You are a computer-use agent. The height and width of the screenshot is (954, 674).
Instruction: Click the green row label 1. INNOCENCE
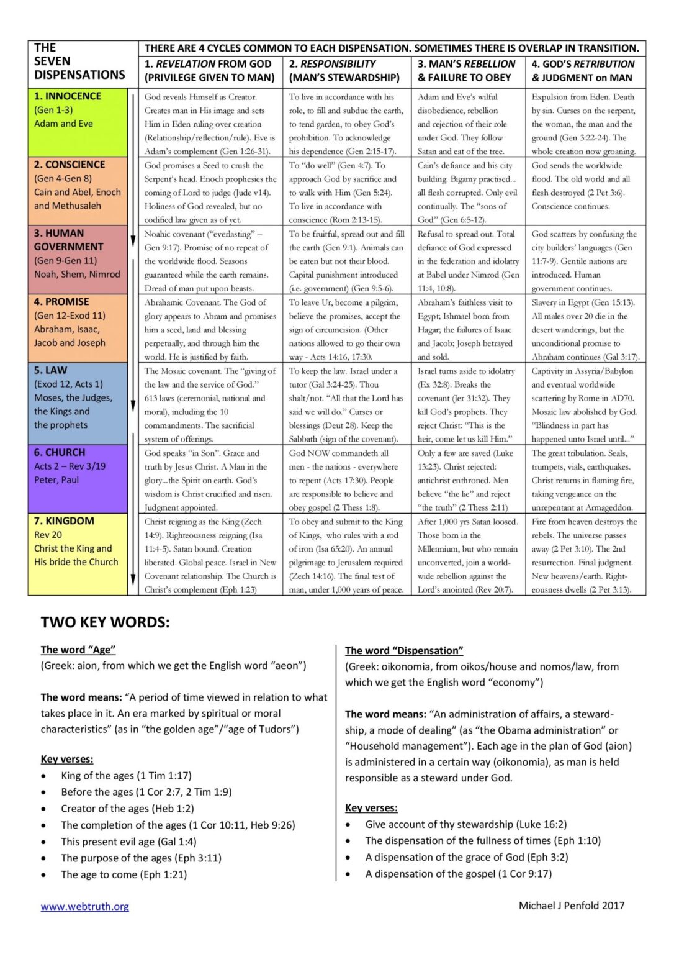point(68,96)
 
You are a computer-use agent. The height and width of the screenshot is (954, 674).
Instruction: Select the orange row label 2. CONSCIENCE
point(70,165)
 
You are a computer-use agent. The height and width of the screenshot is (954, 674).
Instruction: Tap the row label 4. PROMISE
point(61,302)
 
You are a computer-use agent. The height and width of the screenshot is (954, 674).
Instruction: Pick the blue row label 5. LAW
point(50,370)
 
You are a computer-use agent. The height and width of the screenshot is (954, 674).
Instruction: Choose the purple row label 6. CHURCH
point(60,452)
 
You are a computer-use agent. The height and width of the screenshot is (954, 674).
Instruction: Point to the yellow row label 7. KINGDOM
point(64,520)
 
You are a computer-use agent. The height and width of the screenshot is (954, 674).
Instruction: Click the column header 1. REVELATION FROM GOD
point(209,64)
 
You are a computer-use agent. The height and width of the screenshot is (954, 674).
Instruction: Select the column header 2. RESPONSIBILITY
point(333,64)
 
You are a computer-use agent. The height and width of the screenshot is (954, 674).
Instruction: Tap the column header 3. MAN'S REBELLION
point(466,64)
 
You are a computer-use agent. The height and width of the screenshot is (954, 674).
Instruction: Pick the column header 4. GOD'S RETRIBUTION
point(583,64)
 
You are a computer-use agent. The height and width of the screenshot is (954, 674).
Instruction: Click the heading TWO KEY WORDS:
point(105,622)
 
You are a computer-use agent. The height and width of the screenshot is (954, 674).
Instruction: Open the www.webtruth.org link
point(85,906)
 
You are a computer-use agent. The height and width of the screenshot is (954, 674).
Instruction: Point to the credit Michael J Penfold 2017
point(572,906)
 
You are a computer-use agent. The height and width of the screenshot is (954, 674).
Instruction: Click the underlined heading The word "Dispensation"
point(404,650)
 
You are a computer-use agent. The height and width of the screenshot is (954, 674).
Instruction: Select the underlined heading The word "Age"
point(78,650)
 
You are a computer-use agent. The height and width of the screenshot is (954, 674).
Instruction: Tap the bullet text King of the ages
point(126,776)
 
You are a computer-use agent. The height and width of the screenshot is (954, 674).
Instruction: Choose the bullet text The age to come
point(124,874)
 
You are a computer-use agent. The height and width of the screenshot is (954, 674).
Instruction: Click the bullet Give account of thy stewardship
point(465,824)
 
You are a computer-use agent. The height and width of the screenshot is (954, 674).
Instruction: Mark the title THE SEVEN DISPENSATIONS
point(79,61)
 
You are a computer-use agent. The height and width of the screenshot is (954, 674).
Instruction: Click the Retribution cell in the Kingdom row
point(585,555)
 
